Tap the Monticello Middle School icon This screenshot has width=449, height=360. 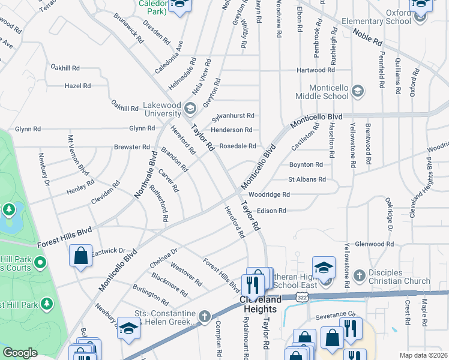click(358, 91)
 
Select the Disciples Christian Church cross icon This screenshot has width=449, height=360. click(359, 275)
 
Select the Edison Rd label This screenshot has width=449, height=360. click(271, 211)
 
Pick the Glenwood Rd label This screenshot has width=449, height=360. click(373, 244)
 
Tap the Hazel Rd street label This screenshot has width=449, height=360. click(77, 86)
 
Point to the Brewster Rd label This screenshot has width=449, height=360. click(132, 147)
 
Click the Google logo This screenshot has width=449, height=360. click(20, 353)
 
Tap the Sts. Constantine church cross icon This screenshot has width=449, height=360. click(204, 315)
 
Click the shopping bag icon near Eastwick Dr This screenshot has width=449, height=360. click(80, 256)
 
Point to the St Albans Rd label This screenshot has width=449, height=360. click(307, 179)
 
